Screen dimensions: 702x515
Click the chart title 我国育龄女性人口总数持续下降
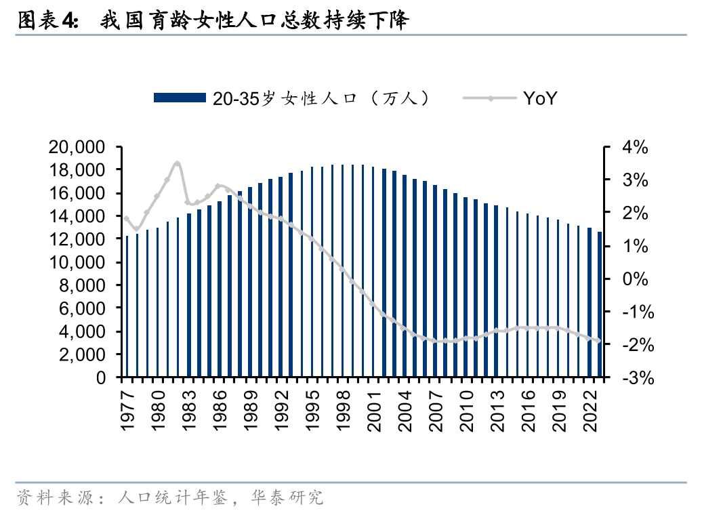point(254,20)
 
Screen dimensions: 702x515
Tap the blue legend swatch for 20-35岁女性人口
point(180,98)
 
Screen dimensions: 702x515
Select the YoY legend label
point(540,98)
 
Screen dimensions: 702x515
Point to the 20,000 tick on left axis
point(77,147)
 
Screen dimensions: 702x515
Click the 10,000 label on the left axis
point(77,262)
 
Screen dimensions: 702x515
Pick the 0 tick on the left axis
point(101,377)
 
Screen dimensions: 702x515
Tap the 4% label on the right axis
point(635,147)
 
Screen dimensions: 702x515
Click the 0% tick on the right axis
point(635,279)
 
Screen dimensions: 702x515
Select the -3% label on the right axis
point(638,378)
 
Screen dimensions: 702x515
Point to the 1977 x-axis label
point(127,411)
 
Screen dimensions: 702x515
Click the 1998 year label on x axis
point(344,411)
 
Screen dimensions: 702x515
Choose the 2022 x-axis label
point(590,411)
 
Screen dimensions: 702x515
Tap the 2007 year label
point(436,411)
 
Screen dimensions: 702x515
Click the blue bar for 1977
point(127,306)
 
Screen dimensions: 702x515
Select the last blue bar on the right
point(600,304)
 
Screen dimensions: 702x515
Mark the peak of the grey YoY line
point(178,163)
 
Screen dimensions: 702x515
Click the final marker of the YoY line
point(599,341)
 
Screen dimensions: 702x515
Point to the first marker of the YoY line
point(127,219)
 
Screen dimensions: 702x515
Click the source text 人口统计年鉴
point(172,497)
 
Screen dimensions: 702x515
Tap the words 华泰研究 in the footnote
point(287,497)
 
